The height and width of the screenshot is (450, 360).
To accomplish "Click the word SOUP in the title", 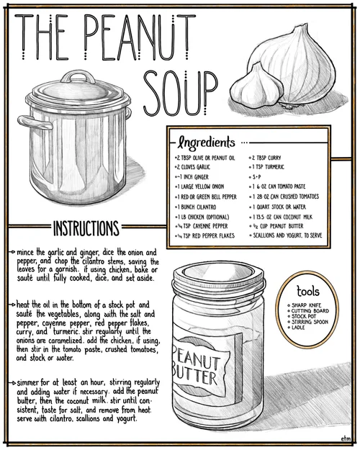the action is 180,93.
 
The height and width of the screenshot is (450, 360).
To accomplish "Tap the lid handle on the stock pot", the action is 78,76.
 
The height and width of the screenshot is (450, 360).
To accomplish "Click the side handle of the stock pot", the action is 35,122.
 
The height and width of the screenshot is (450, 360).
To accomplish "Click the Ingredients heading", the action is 206,143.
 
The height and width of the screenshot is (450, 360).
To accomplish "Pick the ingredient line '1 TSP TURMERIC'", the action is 268,167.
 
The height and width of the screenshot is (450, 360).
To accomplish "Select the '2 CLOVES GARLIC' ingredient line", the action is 193,167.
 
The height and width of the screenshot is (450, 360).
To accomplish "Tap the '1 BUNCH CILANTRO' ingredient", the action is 196,207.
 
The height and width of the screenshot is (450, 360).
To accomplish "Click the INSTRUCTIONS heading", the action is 86,228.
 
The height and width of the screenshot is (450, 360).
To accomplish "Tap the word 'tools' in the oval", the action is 308,291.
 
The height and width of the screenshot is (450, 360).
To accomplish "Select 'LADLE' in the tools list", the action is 298,328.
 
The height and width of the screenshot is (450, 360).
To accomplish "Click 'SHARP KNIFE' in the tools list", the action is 306,305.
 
